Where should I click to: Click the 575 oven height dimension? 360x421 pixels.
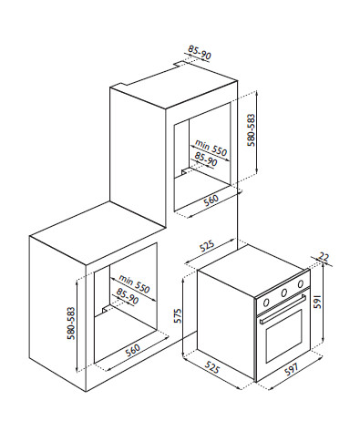[178, 315]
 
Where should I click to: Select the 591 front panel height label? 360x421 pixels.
[317, 302]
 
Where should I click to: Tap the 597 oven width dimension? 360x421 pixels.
[292, 368]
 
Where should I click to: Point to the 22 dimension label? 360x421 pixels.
[324, 257]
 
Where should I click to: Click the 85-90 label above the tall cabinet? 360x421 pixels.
[200, 52]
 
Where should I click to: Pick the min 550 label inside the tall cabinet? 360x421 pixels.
[211, 148]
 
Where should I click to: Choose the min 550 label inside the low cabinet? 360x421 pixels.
[134, 283]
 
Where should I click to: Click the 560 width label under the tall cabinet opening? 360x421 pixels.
[211, 200]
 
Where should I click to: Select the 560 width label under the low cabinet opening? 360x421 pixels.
[132, 350]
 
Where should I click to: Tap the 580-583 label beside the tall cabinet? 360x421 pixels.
[252, 130]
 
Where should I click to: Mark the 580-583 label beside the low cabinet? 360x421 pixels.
[71, 323]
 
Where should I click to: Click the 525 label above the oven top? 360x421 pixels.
[207, 246]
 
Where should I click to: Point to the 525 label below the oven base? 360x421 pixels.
[211, 366]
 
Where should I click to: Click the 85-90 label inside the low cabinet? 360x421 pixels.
[127, 296]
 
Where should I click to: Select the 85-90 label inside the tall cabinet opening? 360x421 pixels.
[206, 159]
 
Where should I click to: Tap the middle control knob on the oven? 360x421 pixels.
[284, 293]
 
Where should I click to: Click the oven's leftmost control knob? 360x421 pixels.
[266, 303]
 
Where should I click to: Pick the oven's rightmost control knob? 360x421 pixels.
[301, 284]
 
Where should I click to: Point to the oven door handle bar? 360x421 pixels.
[283, 310]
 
